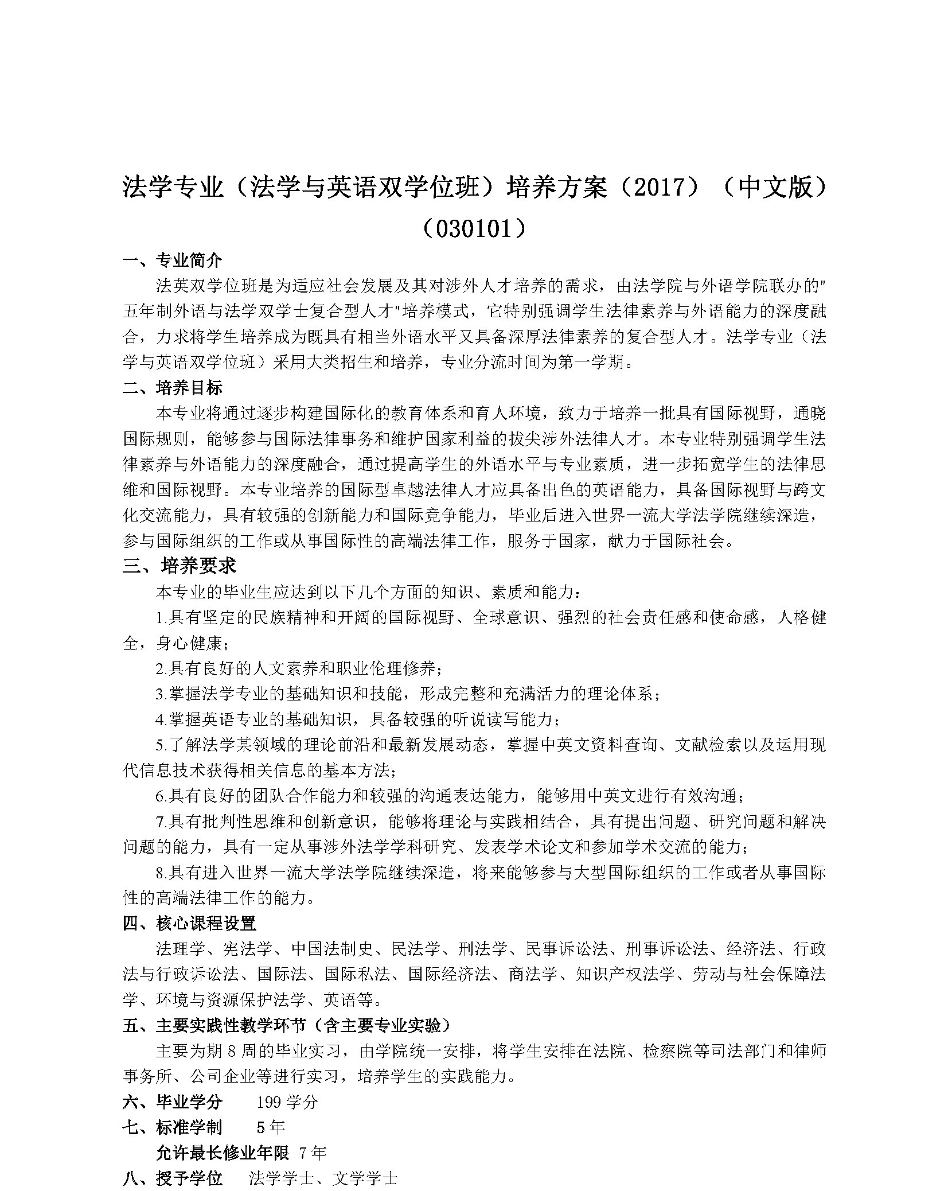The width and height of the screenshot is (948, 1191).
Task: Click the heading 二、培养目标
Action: (172, 388)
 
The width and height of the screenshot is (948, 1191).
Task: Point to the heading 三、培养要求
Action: (180, 566)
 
